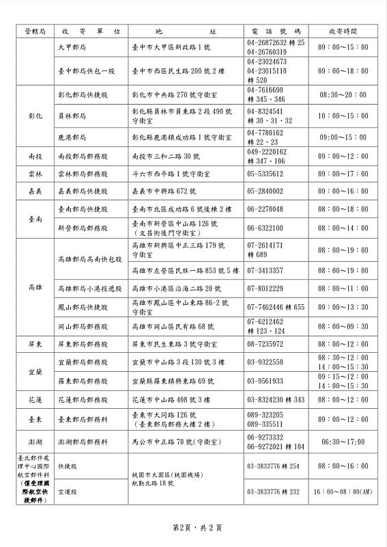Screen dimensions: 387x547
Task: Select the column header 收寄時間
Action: (x=343, y=31)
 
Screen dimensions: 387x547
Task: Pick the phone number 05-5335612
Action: (x=265, y=174)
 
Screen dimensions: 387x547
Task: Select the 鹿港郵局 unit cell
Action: (x=73, y=137)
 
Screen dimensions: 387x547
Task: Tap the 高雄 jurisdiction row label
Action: (x=35, y=288)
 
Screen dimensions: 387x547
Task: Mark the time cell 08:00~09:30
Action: (x=343, y=326)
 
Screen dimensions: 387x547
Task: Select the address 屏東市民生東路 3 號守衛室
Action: (x=174, y=344)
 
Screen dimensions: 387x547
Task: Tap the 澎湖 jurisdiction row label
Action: (x=35, y=442)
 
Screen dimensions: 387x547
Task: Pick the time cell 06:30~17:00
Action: (x=343, y=442)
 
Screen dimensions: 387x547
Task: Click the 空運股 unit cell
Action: (x=67, y=492)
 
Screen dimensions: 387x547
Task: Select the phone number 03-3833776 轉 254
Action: (x=273, y=466)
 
